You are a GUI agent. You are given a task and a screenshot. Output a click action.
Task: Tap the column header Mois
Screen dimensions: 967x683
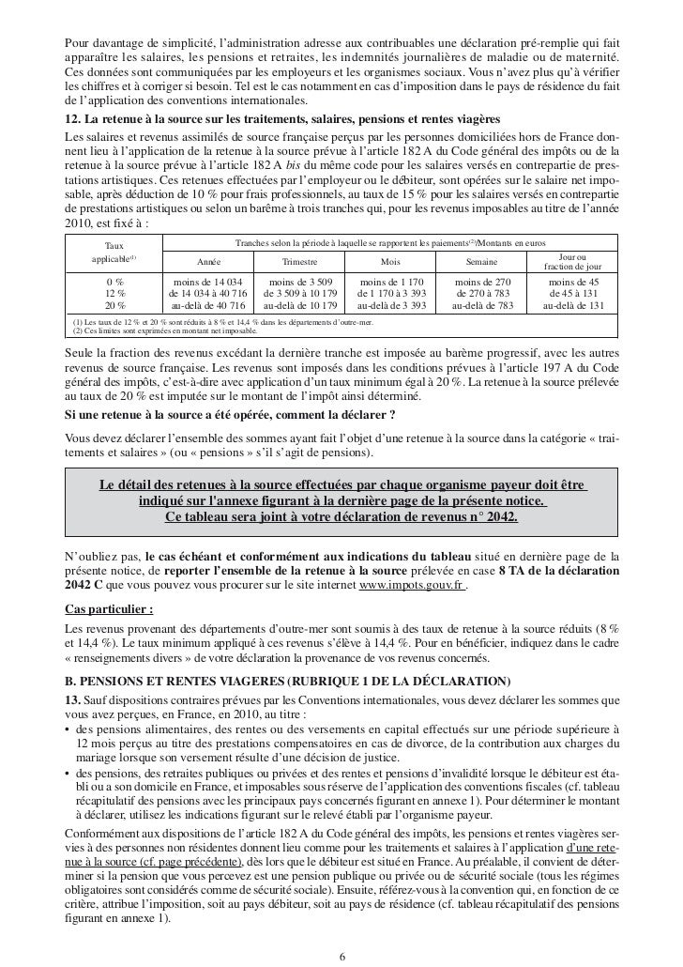pos(391,263)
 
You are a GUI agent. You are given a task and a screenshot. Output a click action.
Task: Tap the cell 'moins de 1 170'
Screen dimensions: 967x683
pos(391,281)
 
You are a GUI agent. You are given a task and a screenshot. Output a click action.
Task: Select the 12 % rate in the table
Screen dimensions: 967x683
pos(115,293)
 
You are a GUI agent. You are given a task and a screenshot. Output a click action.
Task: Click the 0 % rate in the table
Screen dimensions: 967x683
pos(115,281)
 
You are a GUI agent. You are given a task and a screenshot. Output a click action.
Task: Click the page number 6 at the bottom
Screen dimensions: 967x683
pos(341,958)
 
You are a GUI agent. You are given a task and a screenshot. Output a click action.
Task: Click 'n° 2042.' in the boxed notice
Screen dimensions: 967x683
pos(485,518)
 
